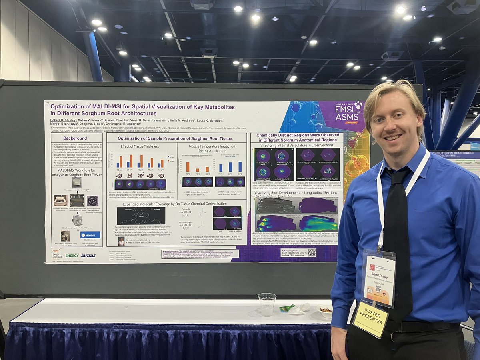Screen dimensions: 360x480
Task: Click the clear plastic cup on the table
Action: pos(267,304)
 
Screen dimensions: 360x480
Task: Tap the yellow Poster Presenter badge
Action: pos(370,319)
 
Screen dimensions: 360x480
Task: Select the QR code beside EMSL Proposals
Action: pos(312,252)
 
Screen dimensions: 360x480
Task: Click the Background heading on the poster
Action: pos(75,138)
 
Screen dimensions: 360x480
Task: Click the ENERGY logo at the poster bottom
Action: pos(72,255)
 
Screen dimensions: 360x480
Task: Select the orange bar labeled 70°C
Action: pos(188,167)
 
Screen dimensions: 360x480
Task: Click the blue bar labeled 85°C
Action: pos(240,166)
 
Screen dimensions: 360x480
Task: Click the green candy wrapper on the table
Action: pos(287,308)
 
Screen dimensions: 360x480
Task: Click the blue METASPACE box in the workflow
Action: pos(90,235)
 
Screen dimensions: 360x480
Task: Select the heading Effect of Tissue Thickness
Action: pos(140,146)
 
